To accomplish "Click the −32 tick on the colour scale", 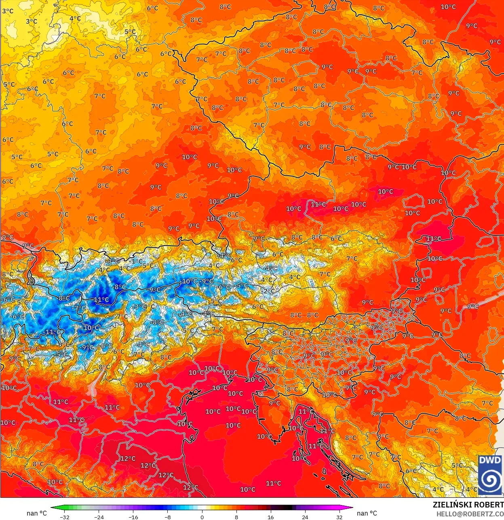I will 64,517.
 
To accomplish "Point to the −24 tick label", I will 99,517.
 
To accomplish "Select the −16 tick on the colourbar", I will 133,517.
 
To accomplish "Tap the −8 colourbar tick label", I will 167,517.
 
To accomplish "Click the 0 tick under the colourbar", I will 202,517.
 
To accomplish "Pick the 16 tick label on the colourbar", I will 270,517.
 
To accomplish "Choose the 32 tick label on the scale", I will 339,517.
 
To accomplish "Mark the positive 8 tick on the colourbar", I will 236,517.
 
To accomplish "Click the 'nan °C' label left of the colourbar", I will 37,513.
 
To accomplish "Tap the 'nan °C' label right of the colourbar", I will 367,513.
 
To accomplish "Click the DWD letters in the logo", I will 490,460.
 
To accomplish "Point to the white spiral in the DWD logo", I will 490,479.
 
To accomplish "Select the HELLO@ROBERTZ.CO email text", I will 470,514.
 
